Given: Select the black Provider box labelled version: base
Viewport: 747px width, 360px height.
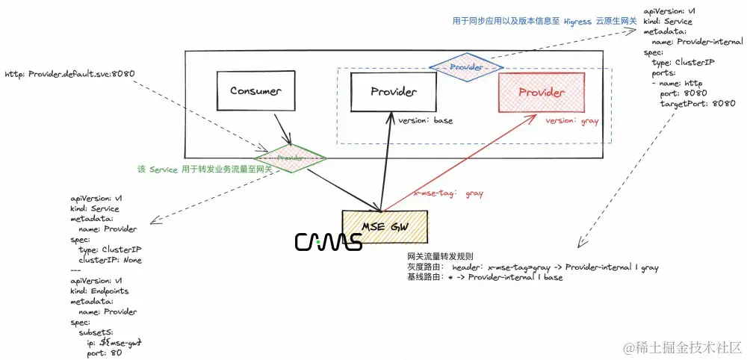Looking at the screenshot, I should point(394,92).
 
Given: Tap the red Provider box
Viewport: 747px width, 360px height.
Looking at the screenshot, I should point(542,93).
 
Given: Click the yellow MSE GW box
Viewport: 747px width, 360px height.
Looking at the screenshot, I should point(385,224).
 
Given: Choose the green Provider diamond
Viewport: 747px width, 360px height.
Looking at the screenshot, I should point(290,158).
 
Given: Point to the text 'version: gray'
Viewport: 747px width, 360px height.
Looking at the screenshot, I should point(571,120).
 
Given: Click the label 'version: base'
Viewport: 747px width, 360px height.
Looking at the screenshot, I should point(425,120).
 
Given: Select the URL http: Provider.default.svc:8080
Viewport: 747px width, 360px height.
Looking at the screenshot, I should point(70,75).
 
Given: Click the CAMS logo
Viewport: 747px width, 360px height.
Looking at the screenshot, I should point(329,241).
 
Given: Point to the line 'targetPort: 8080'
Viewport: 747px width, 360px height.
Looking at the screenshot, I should point(697,104).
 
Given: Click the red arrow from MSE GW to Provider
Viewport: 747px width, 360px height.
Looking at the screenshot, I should point(459,161).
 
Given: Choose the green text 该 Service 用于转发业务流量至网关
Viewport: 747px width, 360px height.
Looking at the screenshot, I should point(205,170).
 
